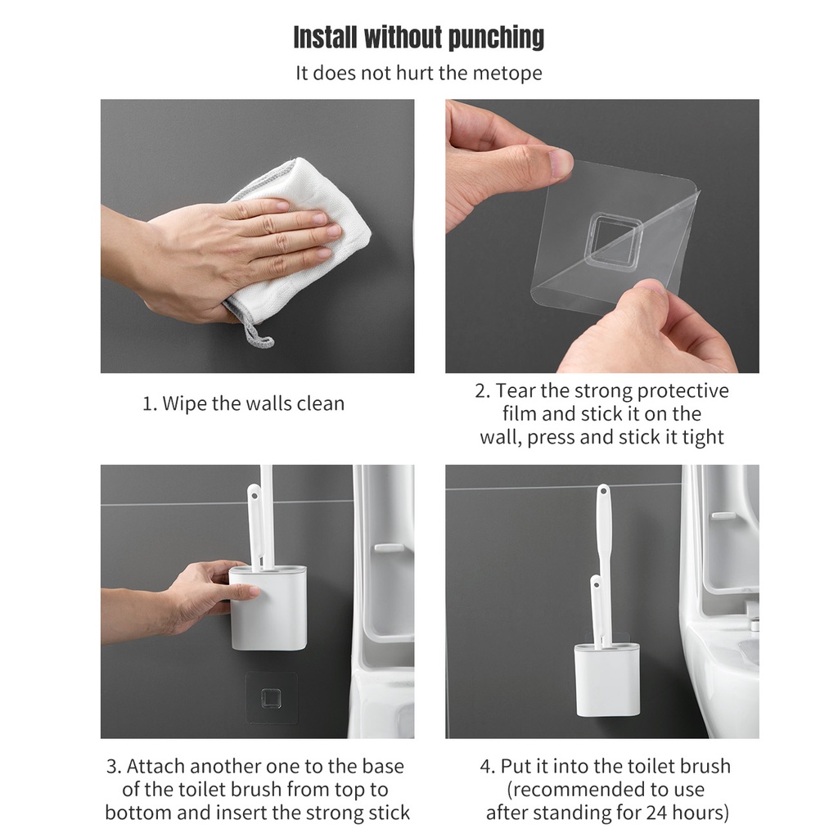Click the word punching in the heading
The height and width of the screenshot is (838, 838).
[x=496, y=38]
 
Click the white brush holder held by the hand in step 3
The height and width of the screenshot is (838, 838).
[x=268, y=608]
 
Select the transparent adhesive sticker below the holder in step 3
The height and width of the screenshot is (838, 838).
[x=271, y=697]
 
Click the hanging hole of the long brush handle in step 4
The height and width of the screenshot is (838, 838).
[x=603, y=490]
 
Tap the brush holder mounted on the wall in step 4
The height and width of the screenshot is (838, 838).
[x=608, y=680]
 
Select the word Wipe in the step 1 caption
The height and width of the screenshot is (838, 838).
[x=184, y=403]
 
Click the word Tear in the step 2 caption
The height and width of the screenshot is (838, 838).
[x=516, y=390]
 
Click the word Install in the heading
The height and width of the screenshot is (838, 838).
[x=325, y=38]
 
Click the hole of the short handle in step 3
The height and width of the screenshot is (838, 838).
[x=255, y=495]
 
